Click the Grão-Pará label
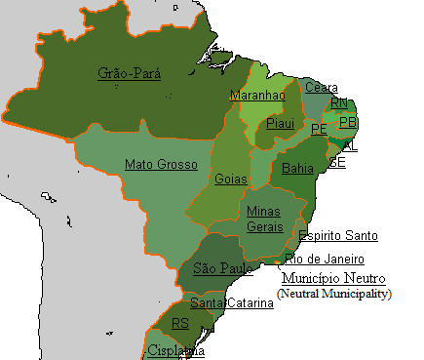[130, 73]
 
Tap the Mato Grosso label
[161, 164]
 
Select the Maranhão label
[257, 96]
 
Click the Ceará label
[322, 88]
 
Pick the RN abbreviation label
[339, 102]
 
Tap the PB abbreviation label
[348, 122]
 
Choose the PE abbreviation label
[319, 129]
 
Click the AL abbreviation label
[350, 146]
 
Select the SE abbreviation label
[337, 162]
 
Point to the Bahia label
[297, 169]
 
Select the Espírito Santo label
[338, 236]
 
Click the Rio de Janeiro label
[325, 260]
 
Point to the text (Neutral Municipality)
[334, 294]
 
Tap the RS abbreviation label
[180, 323]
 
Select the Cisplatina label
[176, 350]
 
